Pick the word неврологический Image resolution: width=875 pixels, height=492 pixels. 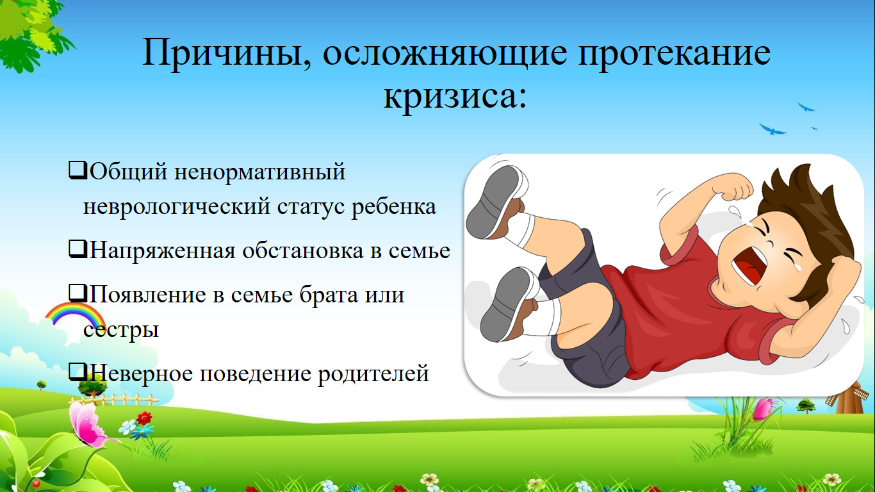pos(177,207)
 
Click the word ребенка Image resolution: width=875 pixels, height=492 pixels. pos(394,207)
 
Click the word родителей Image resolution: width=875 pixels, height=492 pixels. pos(373,373)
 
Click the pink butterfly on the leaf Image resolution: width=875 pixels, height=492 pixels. pos(87,425)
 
